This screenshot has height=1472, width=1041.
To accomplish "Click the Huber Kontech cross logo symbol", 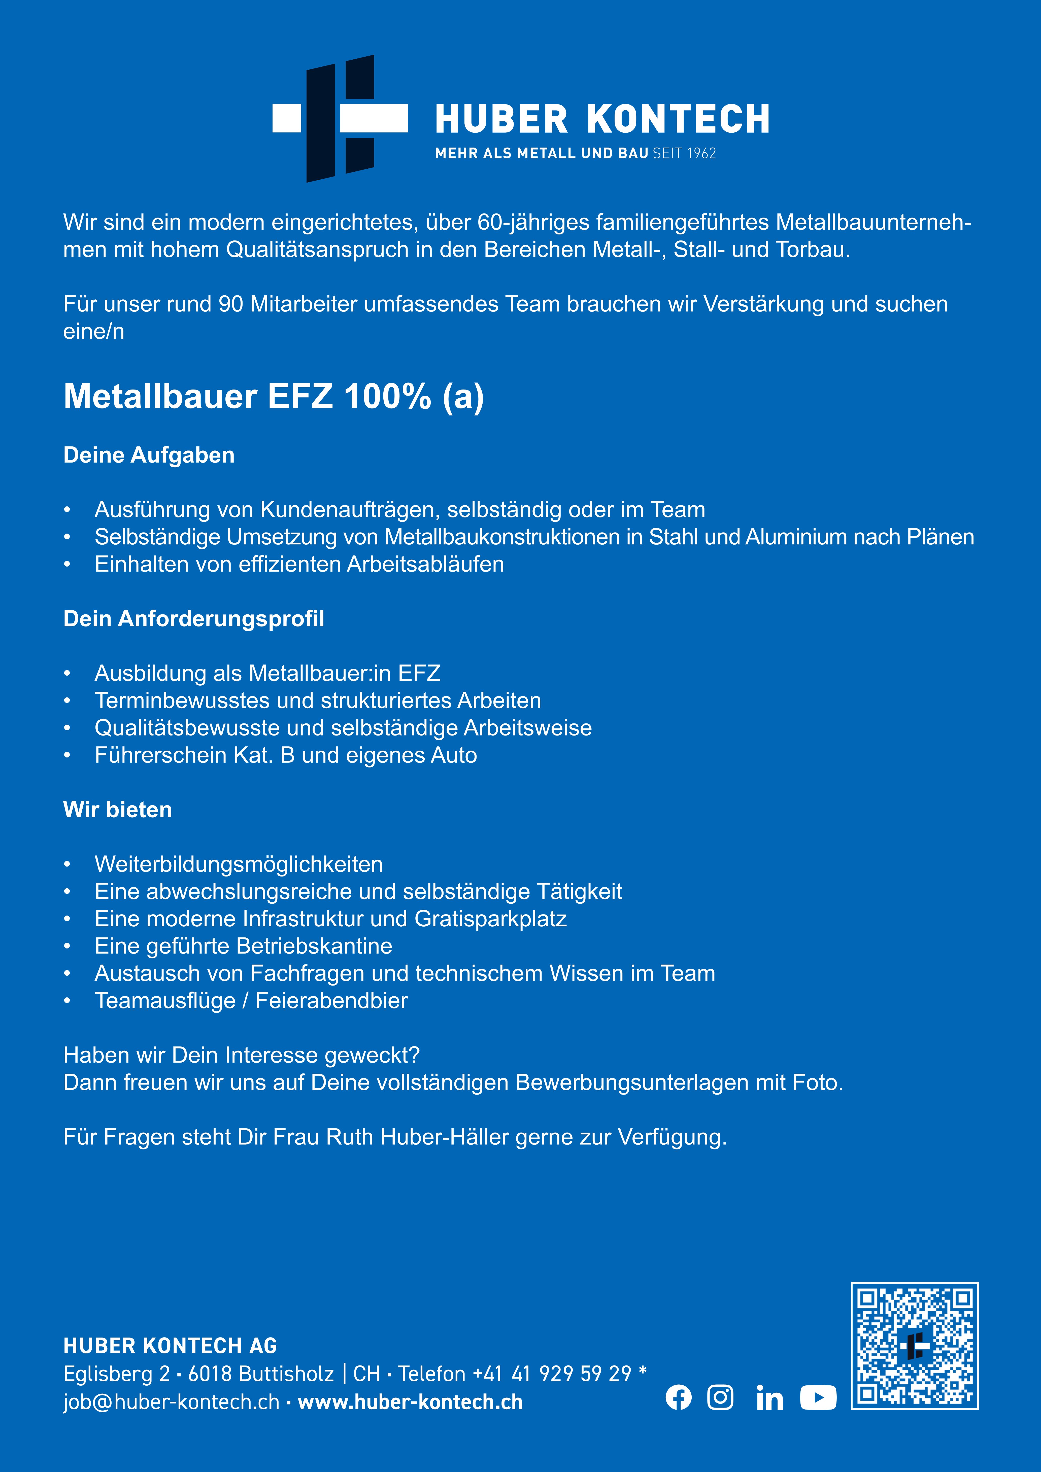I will click(340, 119).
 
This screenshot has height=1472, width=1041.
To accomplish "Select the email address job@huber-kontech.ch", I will click(171, 1402).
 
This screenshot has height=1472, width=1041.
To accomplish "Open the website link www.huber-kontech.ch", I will click(411, 1402).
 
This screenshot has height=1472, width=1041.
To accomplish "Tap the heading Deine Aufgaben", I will click(149, 455).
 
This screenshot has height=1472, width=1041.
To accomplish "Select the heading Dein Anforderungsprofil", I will click(194, 619).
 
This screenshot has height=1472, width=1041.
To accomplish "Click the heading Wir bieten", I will click(117, 810).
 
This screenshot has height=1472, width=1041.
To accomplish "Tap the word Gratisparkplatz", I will click(491, 919).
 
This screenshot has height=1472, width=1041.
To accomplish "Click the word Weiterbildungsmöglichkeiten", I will click(239, 864).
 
